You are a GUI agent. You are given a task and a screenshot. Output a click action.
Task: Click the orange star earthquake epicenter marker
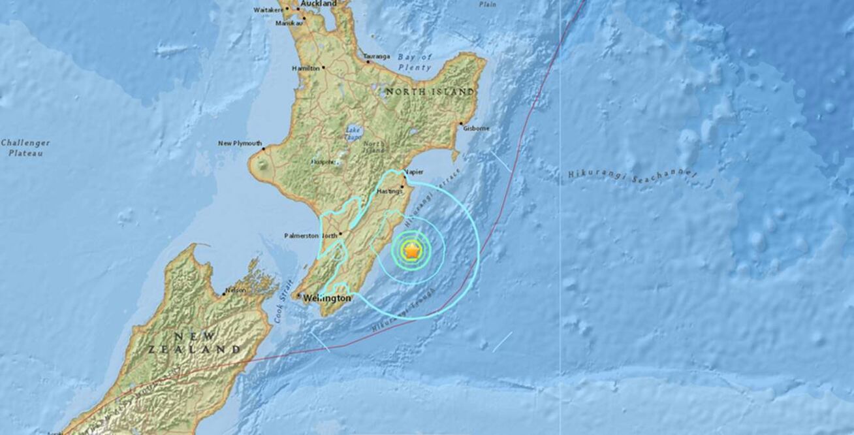[x=412, y=250]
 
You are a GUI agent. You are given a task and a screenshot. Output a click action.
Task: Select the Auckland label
[x=320, y=4]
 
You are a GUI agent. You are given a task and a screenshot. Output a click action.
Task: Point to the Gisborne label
[x=476, y=128]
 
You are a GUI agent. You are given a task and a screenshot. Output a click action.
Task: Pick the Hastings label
[x=390, y=191]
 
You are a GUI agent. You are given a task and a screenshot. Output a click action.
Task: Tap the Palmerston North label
[x=310, y=235]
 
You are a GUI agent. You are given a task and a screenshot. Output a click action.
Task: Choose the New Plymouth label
[x=240, y=143]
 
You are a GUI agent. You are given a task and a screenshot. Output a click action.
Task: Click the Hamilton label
[x=306, y=68]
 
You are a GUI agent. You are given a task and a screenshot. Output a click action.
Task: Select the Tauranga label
[x=377, y=56]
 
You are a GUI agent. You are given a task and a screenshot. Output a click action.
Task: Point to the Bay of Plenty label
[x=415, y=62]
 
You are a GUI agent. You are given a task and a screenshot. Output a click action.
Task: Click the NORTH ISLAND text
[x=430, y=92]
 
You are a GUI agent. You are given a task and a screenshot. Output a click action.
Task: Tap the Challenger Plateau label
[x=25, y=148]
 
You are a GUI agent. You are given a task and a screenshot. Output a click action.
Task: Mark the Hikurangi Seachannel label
[x=632, y=175]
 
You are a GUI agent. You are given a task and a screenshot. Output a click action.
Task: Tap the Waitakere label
[x=268, y=10]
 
